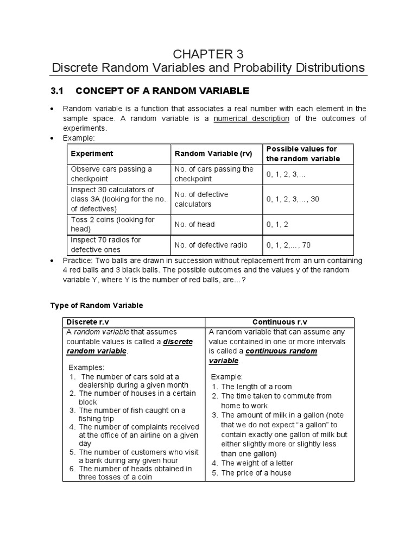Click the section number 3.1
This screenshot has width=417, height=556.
[58, 90]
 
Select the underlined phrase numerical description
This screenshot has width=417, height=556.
[251, 118]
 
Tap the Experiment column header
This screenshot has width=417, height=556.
[92, 154]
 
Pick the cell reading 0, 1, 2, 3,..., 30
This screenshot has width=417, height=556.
[293, 199]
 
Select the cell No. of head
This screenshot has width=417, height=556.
[194, 224]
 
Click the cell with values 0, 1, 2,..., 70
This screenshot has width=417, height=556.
[288, 245]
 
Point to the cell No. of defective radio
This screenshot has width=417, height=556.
[209, 245]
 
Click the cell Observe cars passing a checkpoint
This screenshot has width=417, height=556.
[111, 174]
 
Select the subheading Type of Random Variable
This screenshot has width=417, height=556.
[97, 305]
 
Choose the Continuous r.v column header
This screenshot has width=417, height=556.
[280, 322]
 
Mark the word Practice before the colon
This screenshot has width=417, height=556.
[77, 261]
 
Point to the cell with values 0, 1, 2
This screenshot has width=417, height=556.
[279, 224]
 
